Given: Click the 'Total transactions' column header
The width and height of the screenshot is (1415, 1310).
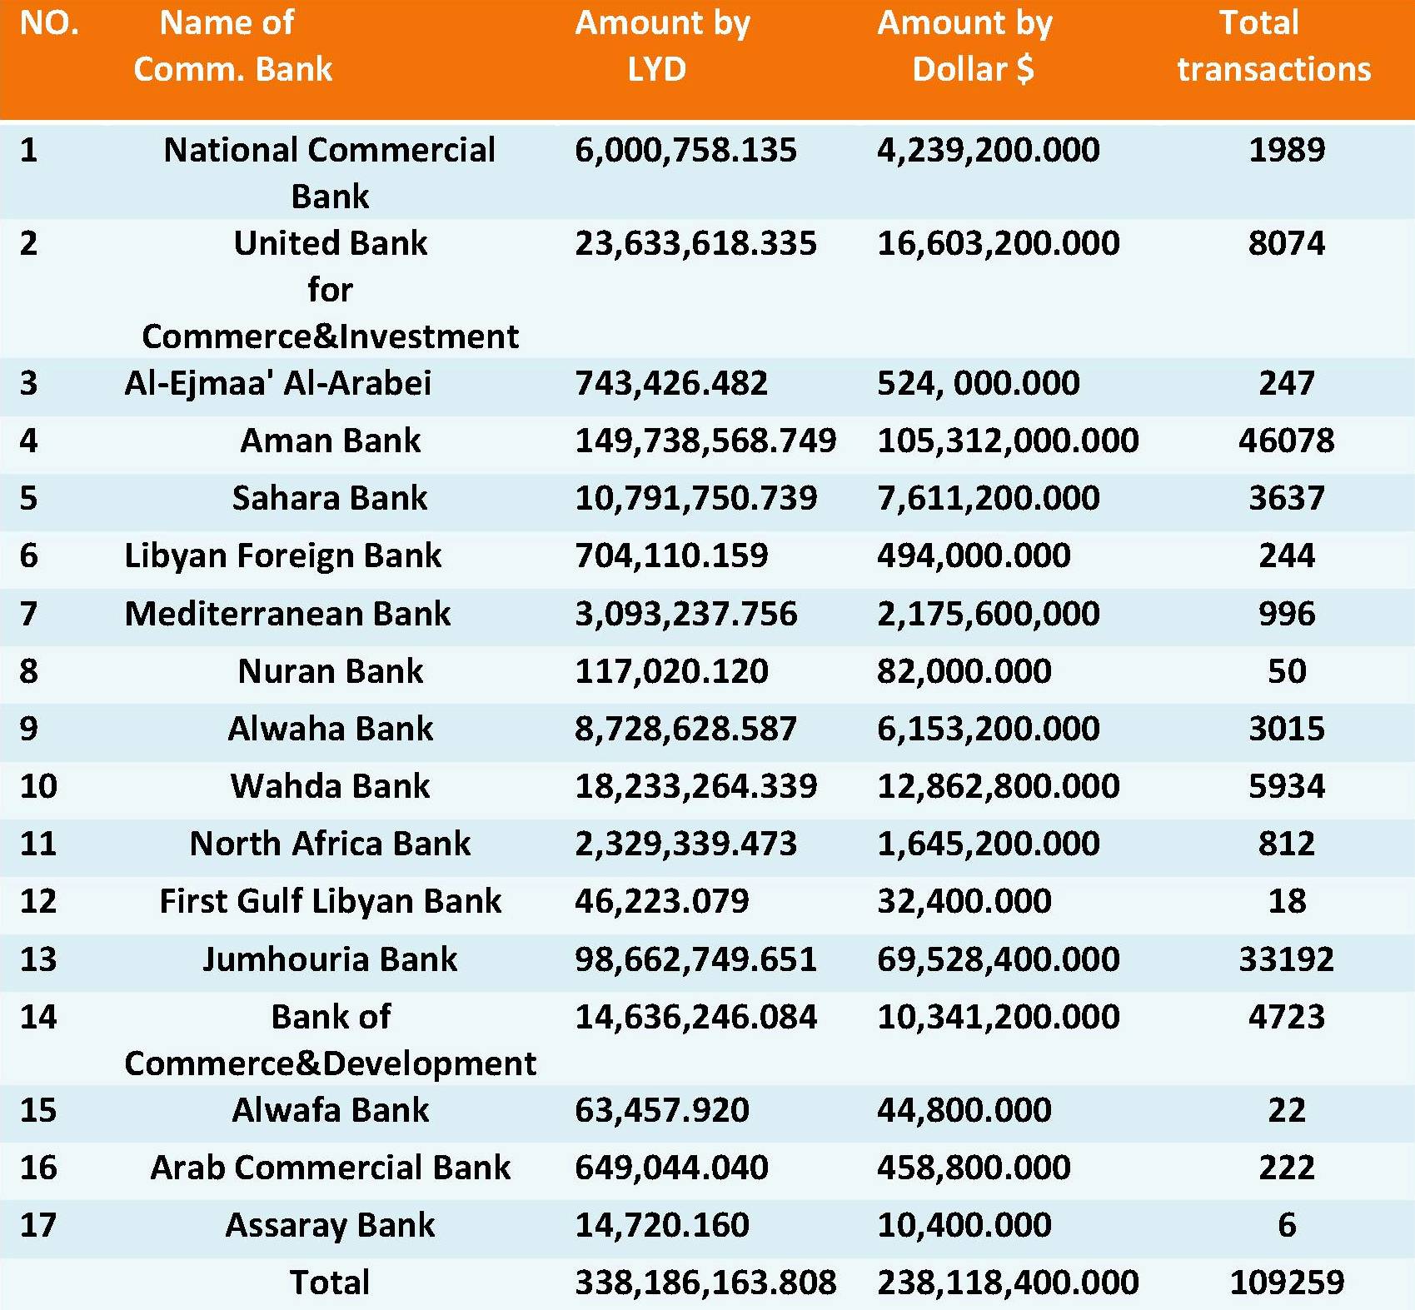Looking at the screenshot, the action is coord(1273,46).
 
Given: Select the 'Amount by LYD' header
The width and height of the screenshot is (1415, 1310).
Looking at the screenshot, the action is coord(662,46).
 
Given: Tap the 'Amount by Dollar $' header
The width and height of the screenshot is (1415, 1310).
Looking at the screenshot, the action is coord(965,46).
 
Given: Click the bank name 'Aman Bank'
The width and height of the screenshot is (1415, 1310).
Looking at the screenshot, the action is coord(331,441).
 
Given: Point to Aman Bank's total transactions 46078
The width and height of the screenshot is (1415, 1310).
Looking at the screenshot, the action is coord(1287,441).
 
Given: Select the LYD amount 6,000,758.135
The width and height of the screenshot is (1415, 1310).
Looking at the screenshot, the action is coord(685,150).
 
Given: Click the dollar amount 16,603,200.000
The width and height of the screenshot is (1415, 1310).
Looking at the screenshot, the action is coord(999,243).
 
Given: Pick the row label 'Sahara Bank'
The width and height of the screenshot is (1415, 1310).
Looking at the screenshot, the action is coord(330,498).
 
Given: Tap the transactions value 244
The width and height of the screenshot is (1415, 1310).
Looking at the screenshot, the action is coord(1287,555).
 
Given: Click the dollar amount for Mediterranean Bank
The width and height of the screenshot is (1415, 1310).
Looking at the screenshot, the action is coord(989,614).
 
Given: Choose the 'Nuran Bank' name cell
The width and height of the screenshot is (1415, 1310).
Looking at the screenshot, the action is coord(331,671).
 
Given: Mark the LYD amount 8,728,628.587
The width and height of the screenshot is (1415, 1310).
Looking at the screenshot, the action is coord(685,729).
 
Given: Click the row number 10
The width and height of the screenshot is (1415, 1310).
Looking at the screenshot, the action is coord(38,786).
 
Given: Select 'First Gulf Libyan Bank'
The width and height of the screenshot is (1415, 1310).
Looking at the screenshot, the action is coord(331,901).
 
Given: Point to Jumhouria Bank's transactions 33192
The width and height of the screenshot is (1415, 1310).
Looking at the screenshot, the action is coord(1287,959).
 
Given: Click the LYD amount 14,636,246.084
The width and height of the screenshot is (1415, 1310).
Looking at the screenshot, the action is coord(696,1017).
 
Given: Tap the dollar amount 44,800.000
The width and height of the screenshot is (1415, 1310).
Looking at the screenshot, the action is coord(964,1110).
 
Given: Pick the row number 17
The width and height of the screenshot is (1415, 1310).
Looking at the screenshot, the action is coord(38,1225).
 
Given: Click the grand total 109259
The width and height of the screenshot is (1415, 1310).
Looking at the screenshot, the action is coord(1287,1283).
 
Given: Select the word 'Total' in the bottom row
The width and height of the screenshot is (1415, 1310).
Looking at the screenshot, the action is coord(330,1283).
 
